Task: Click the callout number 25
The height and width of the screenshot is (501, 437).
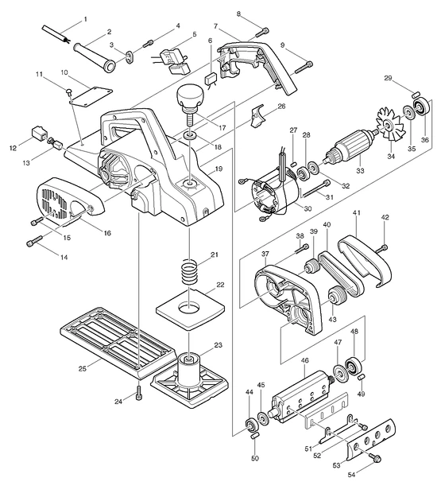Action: point(83,368)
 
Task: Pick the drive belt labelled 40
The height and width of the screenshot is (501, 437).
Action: point(341,274)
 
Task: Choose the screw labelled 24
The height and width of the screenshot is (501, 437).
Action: point(139,392)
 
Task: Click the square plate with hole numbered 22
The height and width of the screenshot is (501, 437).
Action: point(190,309)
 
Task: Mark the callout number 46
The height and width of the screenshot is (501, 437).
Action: point(305,360)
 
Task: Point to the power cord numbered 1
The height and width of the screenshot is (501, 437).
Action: point(55,35)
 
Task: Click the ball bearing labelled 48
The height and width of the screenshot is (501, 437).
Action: point(354,366)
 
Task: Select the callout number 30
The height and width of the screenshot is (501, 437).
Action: point(307,208)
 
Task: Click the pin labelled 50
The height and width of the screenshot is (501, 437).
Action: point(255,436)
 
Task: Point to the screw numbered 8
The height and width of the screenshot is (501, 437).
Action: point(262,33)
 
